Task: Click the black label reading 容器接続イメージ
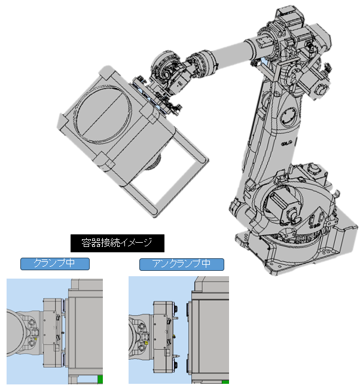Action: click(117, 243)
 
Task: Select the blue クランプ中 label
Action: click(55, 264)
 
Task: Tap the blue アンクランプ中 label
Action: click(182, 264)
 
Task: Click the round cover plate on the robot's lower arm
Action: click(289, 117)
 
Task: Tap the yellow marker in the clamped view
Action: click(36, 339)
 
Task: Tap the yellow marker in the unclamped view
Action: click(147, 343)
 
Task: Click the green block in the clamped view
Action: click(100, 379)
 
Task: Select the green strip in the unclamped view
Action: click(225, 382)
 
